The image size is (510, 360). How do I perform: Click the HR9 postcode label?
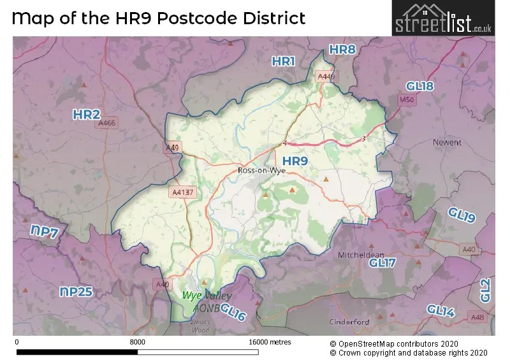295,161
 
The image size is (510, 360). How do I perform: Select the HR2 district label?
86,115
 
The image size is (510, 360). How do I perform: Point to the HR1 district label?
284,61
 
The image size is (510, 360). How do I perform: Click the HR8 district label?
342,50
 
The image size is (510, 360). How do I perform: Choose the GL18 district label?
419,86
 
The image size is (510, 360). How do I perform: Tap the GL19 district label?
461,215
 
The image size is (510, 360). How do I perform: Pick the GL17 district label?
382,263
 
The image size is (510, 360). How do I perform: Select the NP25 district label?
76,292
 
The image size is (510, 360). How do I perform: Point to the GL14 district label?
441,310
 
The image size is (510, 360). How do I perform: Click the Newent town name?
446,142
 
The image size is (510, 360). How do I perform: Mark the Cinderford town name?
349,322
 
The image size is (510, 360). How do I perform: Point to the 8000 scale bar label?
137,342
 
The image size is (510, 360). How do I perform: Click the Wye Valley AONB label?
207,301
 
